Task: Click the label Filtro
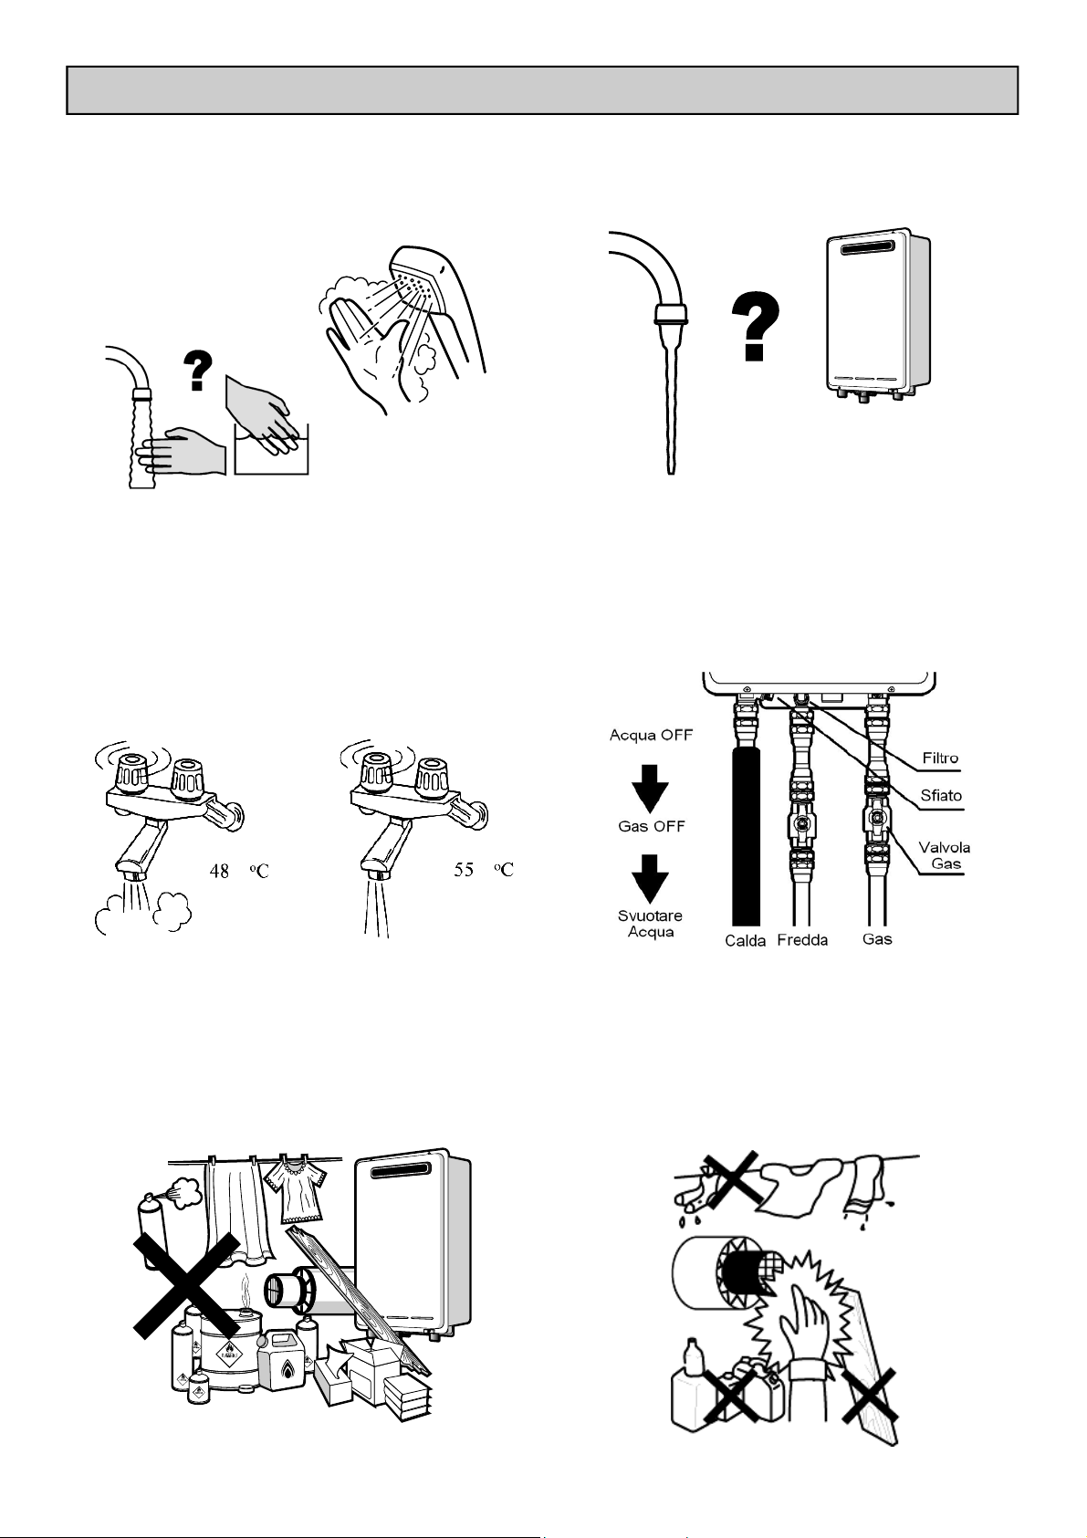click(x=940, y=759)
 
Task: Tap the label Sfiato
click(x=940, y=795)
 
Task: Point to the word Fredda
click(x=802, y=940)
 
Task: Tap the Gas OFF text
click(x=651, y=827)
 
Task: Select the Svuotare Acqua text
click(x=651, y=924)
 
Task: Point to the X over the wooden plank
click(x=869, y=1396)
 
